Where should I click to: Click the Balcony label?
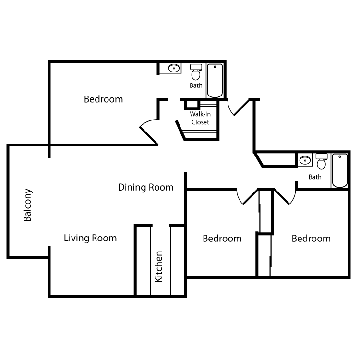(28, 204)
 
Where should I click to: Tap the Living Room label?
(90, 238)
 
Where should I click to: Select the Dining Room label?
(145, 187)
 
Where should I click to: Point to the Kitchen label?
(159, 266)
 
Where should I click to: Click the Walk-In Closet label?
(200, 118)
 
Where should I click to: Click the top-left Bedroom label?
(103, 99)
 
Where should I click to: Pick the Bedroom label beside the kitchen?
(222, 239)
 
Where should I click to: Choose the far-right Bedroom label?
(311, 239)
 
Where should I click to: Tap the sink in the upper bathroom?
(173, 69)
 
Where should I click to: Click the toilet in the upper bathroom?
(196, 72)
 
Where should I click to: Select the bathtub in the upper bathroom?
(215, 80)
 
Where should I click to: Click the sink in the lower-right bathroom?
(305, 160)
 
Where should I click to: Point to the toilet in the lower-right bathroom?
(321, 162)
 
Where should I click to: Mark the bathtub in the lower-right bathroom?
(340, 170)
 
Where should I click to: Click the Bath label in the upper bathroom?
(196, 86)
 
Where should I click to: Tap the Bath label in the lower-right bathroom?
(315, 177)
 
